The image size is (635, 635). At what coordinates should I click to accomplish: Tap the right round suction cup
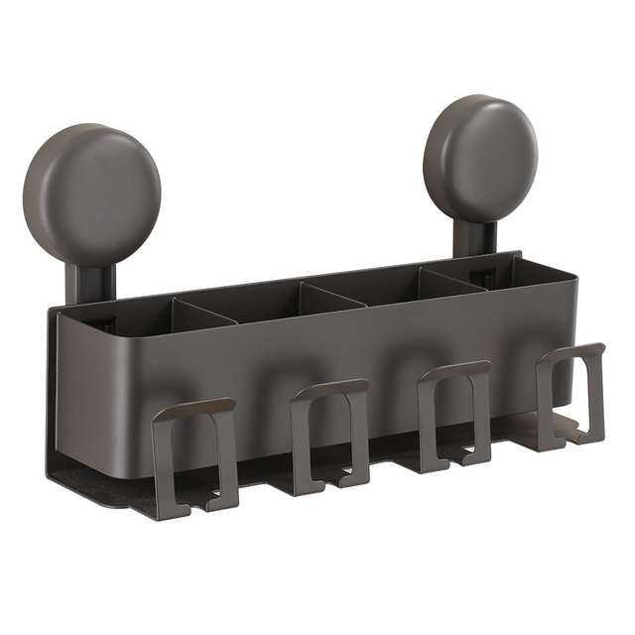click(480, 158)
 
